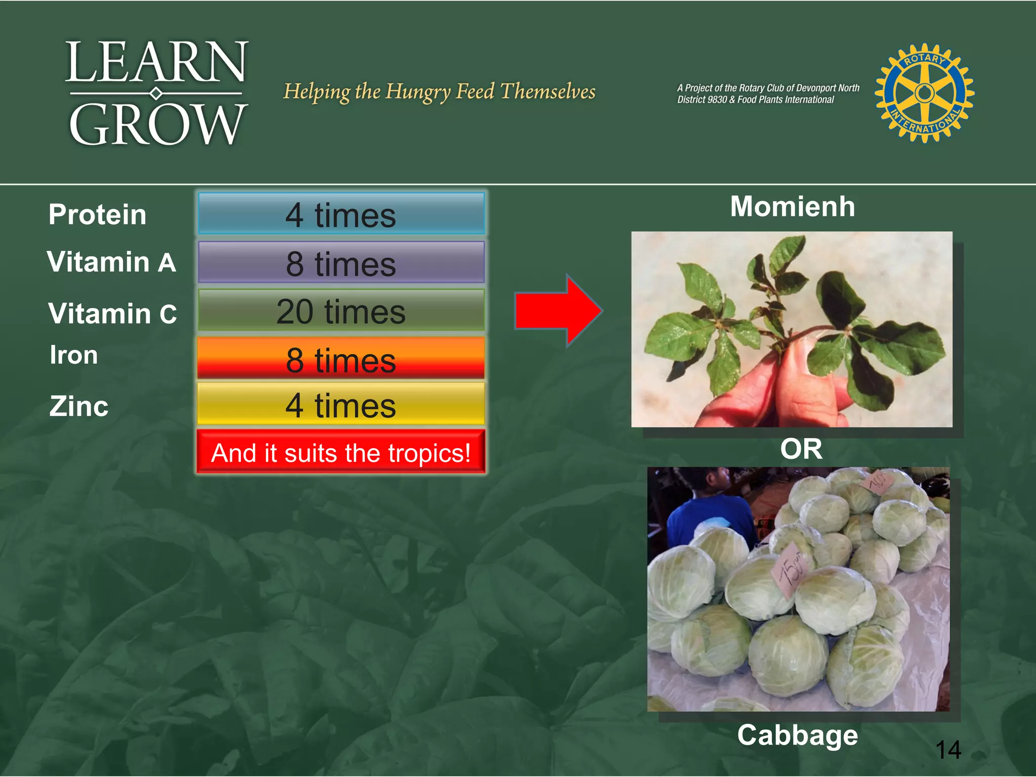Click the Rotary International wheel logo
click(925, 93)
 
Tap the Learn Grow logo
click(157, 93)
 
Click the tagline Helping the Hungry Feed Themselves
click(439, 92)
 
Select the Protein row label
click(98, 214)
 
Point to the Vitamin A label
click(111, 262)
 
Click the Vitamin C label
click(112, 314)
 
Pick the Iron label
click(74, 355)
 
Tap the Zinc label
click(79, 406)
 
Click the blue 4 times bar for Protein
click(341, 214)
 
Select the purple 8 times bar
click(341, 263)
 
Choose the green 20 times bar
click(341, 311)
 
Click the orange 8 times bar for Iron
click(341, 359)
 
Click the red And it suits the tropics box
click(341, 452)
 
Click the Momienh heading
click(792, 206)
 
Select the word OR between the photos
click(801, 449)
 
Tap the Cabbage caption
click(797, 735)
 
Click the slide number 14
click(948, 749)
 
